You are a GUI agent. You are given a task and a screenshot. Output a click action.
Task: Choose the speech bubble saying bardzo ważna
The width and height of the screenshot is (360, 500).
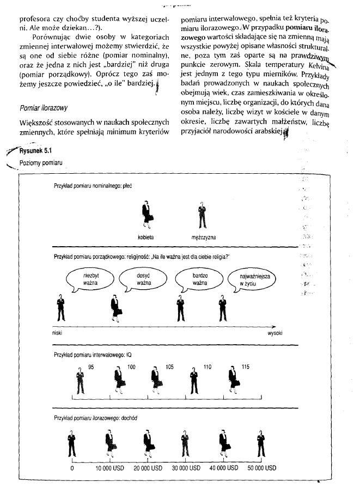[200, 279]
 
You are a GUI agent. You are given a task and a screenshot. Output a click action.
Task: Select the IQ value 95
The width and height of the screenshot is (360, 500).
[91, 368]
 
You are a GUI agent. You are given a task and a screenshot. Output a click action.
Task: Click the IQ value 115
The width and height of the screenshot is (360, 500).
[246, 368]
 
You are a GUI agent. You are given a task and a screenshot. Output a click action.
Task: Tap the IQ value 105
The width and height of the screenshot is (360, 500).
[169, 368]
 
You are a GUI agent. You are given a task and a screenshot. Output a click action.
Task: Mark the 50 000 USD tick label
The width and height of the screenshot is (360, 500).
[261, 467]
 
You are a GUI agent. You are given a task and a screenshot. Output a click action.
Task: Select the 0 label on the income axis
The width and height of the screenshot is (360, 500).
[72, 467]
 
